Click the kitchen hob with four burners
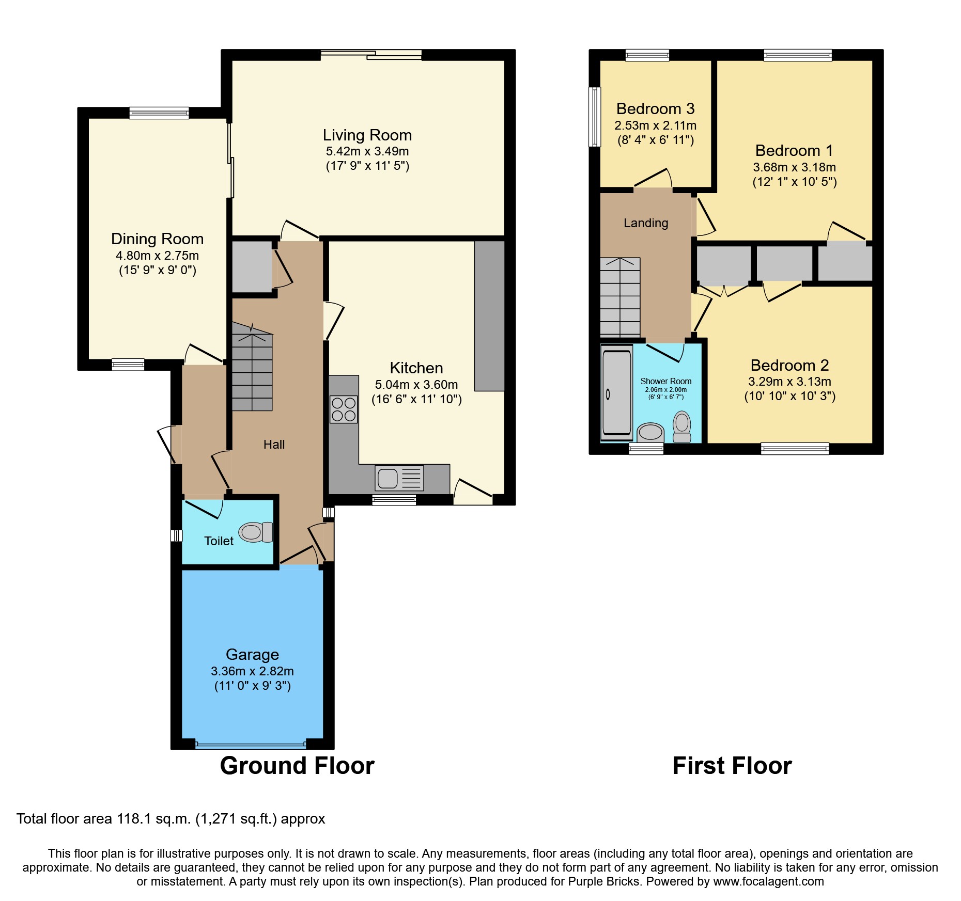point(344,409)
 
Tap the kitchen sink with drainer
point(399,478)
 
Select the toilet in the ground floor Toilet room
point(256,532)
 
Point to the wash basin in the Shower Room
point(650,432)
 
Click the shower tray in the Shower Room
point(617,392)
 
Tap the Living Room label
point(367,135)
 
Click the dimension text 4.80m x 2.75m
point(157,256)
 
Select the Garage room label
point(252,655)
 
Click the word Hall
point(274,445)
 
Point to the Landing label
point(646,223)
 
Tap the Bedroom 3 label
point(655,109)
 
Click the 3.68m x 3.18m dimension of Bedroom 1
point(794,167)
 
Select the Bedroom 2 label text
point(789,366)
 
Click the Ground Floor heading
point(297,766)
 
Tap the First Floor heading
point(732,766)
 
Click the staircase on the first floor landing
point(620,297)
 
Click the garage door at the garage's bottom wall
point(251,745)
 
